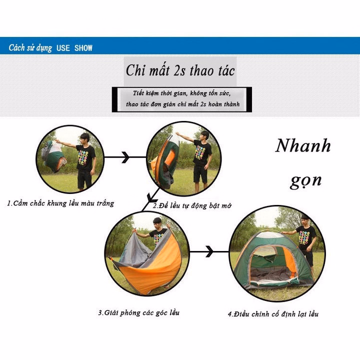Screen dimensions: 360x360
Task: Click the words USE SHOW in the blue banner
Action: click(x=74, y=48)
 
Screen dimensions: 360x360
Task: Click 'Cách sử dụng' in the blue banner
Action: click(x=30, y=48)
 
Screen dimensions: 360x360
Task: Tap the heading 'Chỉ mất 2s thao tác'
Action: click(x=180, y=70)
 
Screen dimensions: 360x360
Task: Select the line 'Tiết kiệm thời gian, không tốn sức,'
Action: click(x=181, y=93)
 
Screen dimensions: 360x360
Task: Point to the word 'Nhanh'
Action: click(x=303, y=146)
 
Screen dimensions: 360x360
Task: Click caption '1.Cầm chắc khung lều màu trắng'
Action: click(x=60, y=203)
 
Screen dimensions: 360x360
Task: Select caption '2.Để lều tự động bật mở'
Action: click(x=192, y=205)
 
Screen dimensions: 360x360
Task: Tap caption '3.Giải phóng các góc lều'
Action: click(x=138, y=312)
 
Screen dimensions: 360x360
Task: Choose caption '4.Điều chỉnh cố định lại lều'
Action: click(x=273, y=314)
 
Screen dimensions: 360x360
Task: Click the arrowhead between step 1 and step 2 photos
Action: click(x=126, y=157)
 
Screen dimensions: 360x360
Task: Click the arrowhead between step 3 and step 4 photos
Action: click(x=209, y=251)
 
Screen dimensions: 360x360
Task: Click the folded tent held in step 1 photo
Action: click(x=53, y=156)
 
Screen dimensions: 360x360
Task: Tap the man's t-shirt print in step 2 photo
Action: click(x=200, y=152)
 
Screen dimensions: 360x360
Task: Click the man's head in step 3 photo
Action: click(x=157, y=223)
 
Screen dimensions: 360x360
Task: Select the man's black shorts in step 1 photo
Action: click(x=84, y=179)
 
